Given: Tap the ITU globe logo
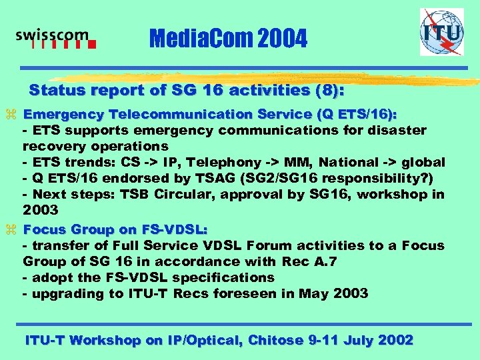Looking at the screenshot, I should point(441,32).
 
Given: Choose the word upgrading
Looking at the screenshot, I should point(64,293).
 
